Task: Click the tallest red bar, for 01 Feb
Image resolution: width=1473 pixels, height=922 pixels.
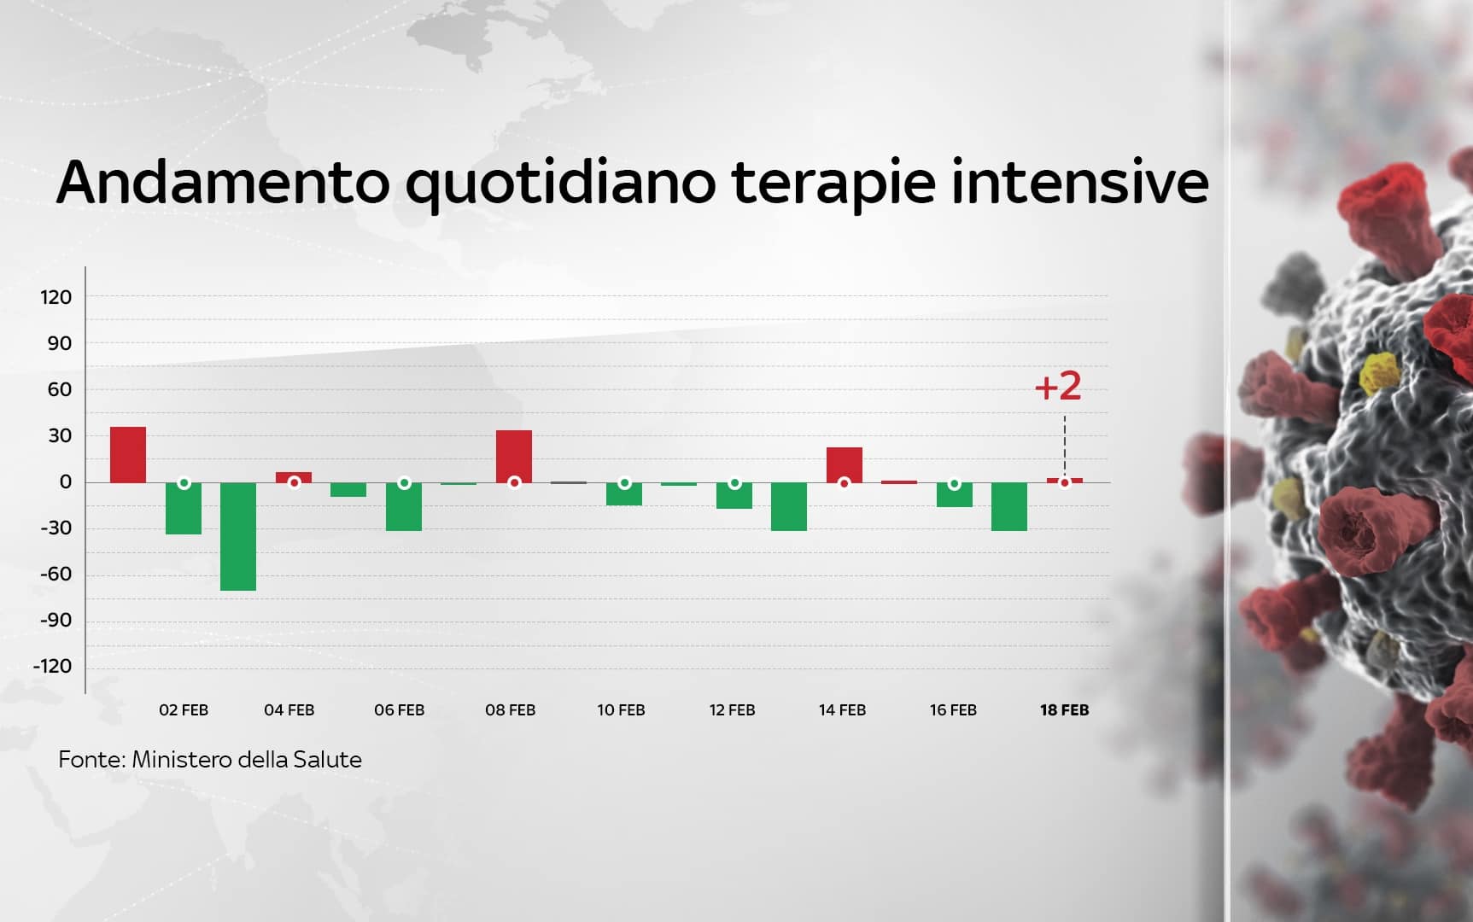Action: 128,454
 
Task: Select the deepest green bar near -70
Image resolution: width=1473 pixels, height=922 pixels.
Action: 238,536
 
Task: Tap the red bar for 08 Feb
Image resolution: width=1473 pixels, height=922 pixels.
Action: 514,456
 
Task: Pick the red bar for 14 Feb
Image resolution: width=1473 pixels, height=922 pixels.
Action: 845,464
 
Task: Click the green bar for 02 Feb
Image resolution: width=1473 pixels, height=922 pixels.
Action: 184,508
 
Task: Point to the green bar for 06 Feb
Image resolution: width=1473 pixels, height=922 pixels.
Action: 404,506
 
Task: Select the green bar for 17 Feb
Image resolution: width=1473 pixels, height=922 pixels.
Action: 1009,506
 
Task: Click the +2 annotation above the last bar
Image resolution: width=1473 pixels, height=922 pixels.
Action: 1058,387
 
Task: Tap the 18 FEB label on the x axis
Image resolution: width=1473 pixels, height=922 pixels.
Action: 1064,710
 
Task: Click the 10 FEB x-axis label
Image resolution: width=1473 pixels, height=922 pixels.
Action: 621,710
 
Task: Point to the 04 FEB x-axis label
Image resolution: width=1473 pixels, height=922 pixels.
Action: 289,710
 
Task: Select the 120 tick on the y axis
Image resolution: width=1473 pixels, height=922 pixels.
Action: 56,297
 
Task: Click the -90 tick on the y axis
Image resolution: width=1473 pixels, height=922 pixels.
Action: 56,620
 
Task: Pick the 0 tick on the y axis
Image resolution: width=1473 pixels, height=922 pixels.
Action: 66,481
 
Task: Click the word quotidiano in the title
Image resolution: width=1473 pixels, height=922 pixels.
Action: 559,183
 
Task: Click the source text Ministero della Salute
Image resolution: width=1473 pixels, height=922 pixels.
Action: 246,760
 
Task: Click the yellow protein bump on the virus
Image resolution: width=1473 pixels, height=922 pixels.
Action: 1377,372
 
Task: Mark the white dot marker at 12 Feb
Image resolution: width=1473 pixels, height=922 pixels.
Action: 734,483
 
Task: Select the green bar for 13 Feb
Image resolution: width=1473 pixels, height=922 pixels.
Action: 789,506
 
